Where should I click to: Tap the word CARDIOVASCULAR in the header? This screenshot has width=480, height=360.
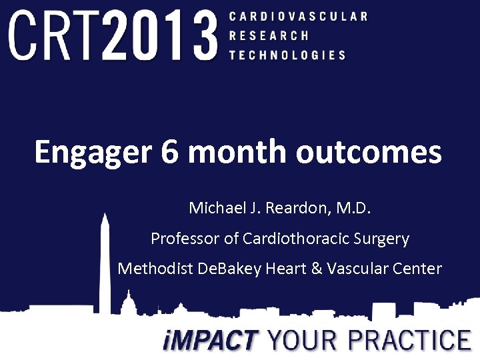[x=298, y=16]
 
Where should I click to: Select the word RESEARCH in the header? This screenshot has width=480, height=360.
[x=269, y=35]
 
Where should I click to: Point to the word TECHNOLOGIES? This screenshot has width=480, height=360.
[x=287, y=55]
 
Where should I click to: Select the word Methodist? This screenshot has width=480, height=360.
[x=155, y=269]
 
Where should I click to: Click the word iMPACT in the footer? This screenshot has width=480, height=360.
[x=210, y=341]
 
